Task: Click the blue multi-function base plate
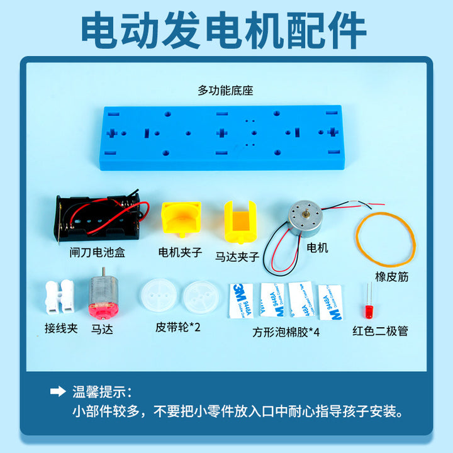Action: pos(222,138)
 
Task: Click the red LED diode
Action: pos(369,311)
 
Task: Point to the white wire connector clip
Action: pos(60,297)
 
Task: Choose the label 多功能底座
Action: pos(225,91)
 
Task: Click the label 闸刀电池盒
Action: pos(97,252)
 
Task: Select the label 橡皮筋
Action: pos(392,277)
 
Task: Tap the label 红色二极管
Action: pos(380,331)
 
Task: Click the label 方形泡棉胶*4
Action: pos(286,332)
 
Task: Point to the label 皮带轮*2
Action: pos(178,327)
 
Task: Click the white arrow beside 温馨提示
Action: pos(58,391)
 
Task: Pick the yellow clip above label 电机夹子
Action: pos(181,219)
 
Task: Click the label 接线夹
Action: pos(61,328)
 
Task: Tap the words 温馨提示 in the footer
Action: pos(99,392)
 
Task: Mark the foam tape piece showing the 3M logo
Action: pos(242,301)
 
